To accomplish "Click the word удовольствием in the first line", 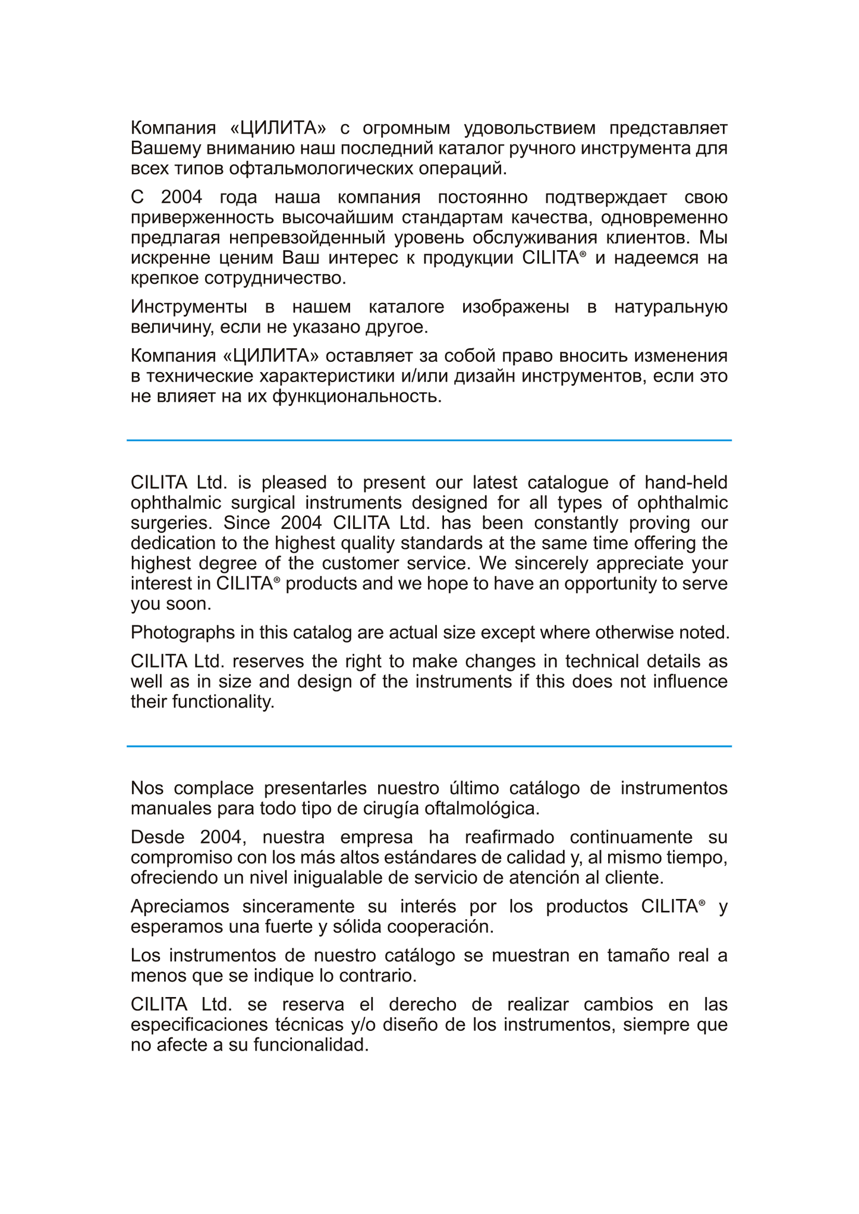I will (529, 128).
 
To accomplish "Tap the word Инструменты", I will (189, 307).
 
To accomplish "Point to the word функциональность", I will (356, 396).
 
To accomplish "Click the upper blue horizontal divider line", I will (429, 440).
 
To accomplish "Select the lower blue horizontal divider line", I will (429, 746).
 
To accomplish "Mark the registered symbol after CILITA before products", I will (276, 580).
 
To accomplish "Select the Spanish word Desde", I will (158, 837).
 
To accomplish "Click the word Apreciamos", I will (180, 907).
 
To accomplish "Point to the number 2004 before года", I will (181, 197).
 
